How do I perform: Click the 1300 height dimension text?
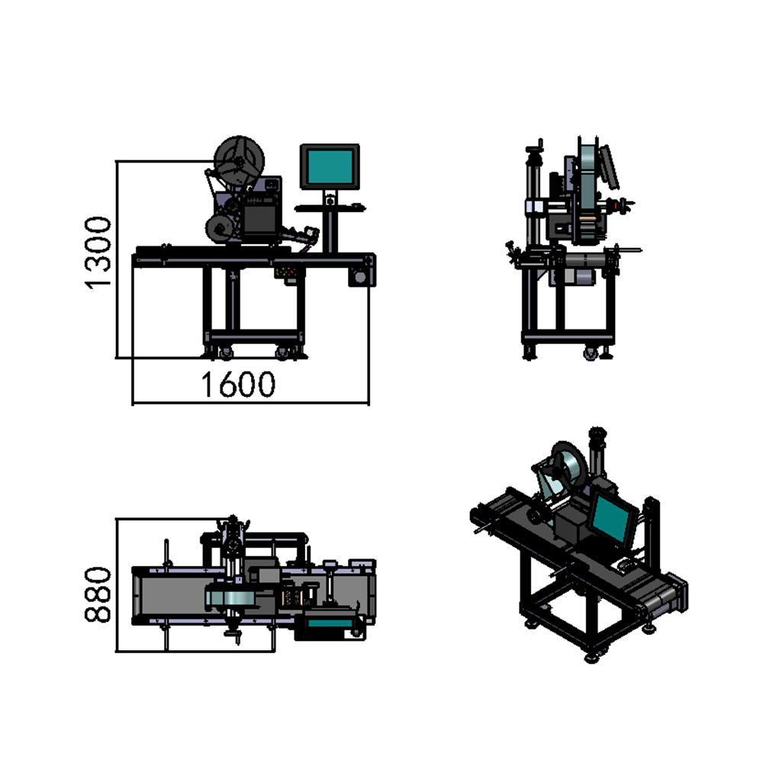(x=98, y=253)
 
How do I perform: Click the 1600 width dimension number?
(x=238, y=385)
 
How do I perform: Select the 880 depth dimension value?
(x=98, y=594)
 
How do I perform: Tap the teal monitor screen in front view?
(x=330, y=166)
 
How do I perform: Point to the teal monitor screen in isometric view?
(x=612, y=517)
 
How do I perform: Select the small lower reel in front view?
(x=220, y=229)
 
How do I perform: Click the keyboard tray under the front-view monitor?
(x=330, y=208)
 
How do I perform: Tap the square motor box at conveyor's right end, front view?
(x=361, y=276)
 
